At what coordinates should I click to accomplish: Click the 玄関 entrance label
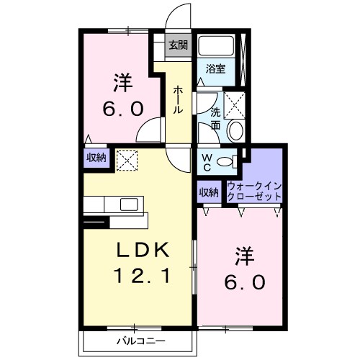(178, 45)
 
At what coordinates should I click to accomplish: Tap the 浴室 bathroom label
(215, 69)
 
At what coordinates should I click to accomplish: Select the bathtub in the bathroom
(217, 45)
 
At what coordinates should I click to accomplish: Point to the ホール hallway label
(178, 99)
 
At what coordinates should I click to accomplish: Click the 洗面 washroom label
(215, 119)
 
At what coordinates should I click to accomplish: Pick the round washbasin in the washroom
(236, 130)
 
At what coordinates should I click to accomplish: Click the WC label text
(207, 162)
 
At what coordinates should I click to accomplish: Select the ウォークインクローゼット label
(254, 192)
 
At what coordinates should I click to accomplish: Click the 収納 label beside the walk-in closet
(209, 192)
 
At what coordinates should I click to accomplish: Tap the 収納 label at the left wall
(96, 158)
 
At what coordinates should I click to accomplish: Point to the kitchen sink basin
(129, 204)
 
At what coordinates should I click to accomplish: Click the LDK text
(143, 250)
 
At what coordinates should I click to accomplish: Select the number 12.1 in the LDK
(143, 275)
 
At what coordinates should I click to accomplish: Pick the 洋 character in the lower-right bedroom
(245, 256)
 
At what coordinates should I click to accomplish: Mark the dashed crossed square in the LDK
(127, 161)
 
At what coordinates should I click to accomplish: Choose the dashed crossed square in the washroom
(234, 105)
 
